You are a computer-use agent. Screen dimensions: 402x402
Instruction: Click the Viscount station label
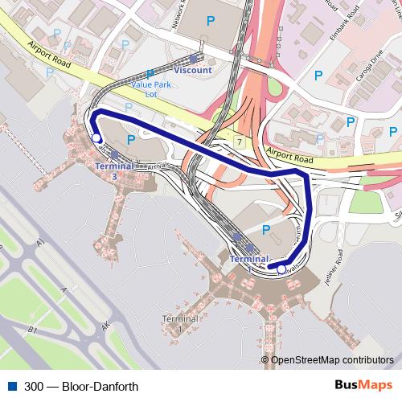coord(193,70)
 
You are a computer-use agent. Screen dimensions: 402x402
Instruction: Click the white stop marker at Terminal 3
coord(96,138)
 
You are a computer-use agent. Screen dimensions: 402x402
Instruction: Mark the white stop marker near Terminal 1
coord(281,270)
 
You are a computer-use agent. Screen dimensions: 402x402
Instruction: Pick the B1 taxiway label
coord(33,330)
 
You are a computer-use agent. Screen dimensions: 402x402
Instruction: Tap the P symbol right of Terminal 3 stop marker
coord(129,140)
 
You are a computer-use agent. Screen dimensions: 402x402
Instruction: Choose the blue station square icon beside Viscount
coord(194,58)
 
